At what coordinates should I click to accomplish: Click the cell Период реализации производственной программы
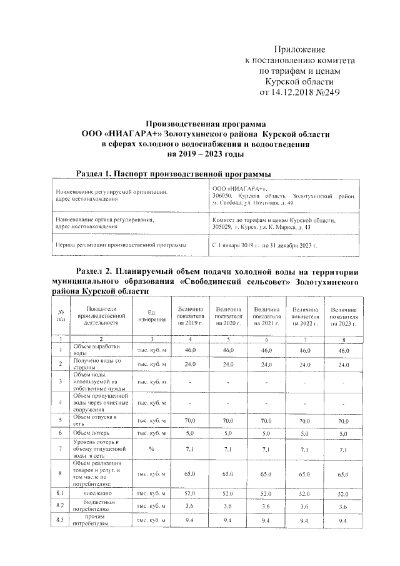point(120,246)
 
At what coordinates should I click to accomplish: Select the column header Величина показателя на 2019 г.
point(190,316)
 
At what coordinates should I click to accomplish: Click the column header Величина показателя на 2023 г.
point(344,316)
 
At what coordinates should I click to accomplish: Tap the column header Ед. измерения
point(151,316)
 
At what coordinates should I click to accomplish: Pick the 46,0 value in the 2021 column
point(266,351)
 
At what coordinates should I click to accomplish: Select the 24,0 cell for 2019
point(190,363)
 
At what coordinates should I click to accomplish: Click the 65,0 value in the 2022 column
point(305,475)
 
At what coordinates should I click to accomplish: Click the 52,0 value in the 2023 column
point(344,493)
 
